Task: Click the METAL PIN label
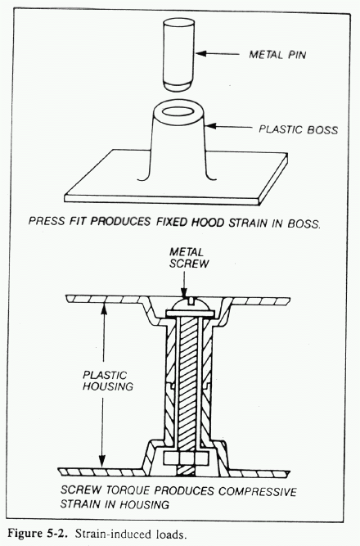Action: [277, 55]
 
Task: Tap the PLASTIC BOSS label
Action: [298, 129]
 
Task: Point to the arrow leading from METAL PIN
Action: [218, 54]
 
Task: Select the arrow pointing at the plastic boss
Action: [229, 126]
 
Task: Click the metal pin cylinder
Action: [178, 54]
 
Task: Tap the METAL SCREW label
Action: [189, 258]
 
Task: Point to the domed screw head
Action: [189, 305]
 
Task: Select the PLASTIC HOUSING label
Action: [107, 381]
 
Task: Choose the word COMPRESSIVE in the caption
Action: [257, 491]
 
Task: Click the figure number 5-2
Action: [56, 534]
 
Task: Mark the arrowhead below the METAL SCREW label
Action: [185, 294]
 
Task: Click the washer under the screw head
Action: [189, 314]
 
